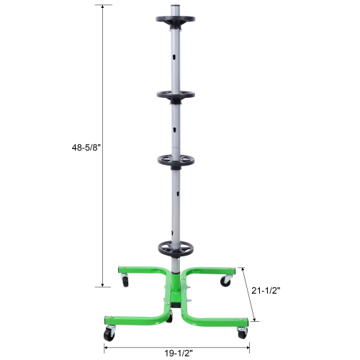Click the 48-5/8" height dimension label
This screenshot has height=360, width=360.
click(85, 147)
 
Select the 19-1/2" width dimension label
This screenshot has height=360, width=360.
click(177, 353)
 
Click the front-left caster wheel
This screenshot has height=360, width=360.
click(109, 334)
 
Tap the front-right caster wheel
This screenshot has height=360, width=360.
click(242, 333)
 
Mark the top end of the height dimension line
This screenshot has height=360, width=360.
click(107, 6)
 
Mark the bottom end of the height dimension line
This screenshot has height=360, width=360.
click(107, 287)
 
